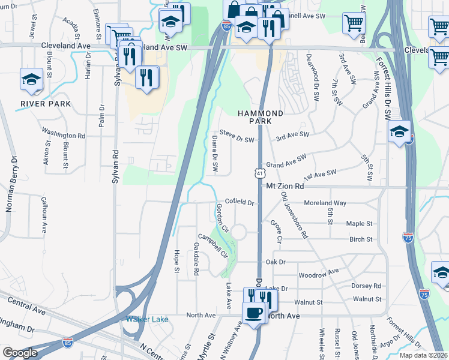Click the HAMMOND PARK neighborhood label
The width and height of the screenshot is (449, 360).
pos(260,117)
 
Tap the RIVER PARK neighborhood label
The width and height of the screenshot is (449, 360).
pos(46,104)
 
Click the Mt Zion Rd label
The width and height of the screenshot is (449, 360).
pos(285,187)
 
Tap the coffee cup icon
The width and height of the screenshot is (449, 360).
pos(253,312)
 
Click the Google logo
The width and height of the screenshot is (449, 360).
pos(20,353)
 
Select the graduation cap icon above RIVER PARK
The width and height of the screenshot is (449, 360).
pos(31,79)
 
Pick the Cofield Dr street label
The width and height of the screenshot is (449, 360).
pos(240,203)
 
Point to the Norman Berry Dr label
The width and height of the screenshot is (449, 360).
pos(10,184)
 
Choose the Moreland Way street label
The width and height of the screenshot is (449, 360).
pos(325,203)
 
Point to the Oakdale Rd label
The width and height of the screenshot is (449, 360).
pos(196,259)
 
